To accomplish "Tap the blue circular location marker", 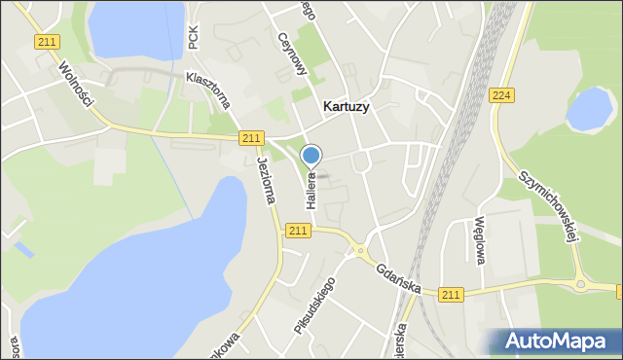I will [311, 156].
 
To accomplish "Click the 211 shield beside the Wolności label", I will [45, 42].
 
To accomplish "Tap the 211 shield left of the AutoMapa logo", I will [451, 295].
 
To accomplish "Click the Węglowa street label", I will [479, 239].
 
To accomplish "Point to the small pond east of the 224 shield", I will [588, 109].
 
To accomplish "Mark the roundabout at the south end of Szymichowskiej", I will [581, 285].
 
